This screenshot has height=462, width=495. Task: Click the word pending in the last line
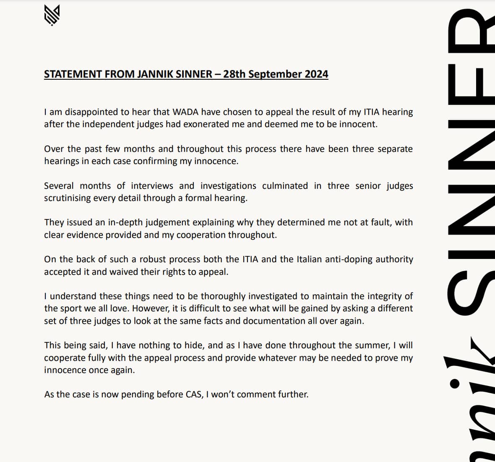point(138,394)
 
